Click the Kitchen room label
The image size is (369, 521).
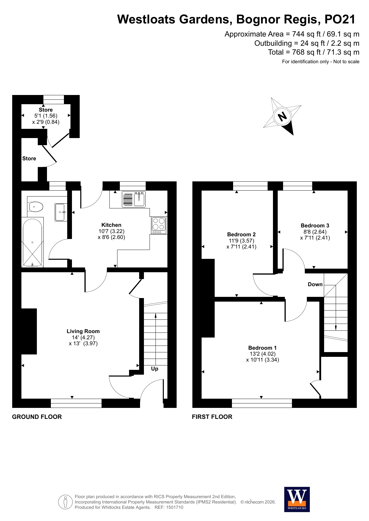coord(111,225)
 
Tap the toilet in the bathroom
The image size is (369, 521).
coord(35,206)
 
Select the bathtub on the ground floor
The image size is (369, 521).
coord(32,243)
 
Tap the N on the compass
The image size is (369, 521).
coord(282,116)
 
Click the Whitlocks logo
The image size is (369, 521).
coord(297,499)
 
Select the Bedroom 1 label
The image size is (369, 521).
coord(263,348)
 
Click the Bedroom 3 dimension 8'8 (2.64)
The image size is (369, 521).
coord(315,232)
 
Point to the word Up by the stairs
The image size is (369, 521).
coord(155,369)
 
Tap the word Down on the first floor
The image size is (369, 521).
coord(315,284)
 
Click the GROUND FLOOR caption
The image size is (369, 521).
coord(37,417)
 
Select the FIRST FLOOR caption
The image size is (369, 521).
coord(212,417)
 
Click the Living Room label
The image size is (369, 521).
coord(83,331)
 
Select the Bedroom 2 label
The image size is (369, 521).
coord(241,235)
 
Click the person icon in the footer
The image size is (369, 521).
coord(65,502)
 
